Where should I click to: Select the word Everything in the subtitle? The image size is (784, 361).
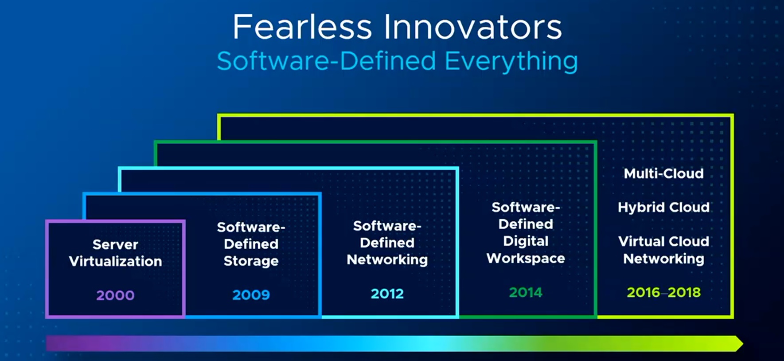tap(511, 61)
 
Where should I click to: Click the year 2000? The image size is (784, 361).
tap(115, 295)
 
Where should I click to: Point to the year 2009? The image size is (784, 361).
tap(251, 295)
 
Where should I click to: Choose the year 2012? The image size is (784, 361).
tap(387, 294)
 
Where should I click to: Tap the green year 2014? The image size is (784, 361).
tap(526, 292)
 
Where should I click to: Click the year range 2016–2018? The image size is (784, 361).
tap(663, 292)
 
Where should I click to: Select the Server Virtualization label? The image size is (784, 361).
tap(115, 253)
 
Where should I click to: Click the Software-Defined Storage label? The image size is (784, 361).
tap(251, 244)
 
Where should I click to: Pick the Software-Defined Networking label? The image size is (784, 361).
tap(387, 243)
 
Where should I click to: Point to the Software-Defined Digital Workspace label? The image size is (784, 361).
tap(526, 233)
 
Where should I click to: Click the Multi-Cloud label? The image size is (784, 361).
tap(663, 173)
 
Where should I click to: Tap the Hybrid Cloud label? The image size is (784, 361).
tap(663, 208)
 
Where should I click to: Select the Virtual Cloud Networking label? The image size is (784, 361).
tap(663, 250)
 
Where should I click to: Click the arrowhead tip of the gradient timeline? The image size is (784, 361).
tap(743, 344)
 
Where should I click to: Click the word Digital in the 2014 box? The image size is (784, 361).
tap(526, 241)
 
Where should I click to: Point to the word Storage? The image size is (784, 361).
tap(251, 261)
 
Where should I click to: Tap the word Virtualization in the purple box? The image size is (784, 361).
tap(115, 261)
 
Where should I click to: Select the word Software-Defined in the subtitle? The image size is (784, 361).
tap(327, 61)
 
